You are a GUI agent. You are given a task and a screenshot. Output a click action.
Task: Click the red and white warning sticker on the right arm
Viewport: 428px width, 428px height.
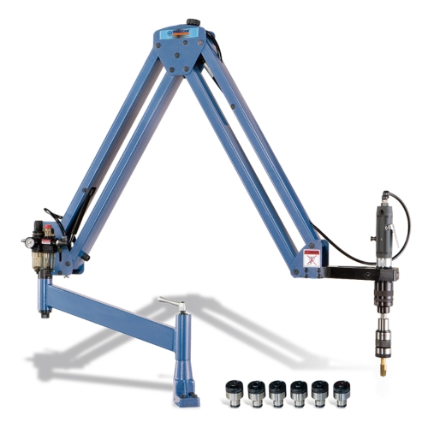pyautogui.click(x=312, y=256)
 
